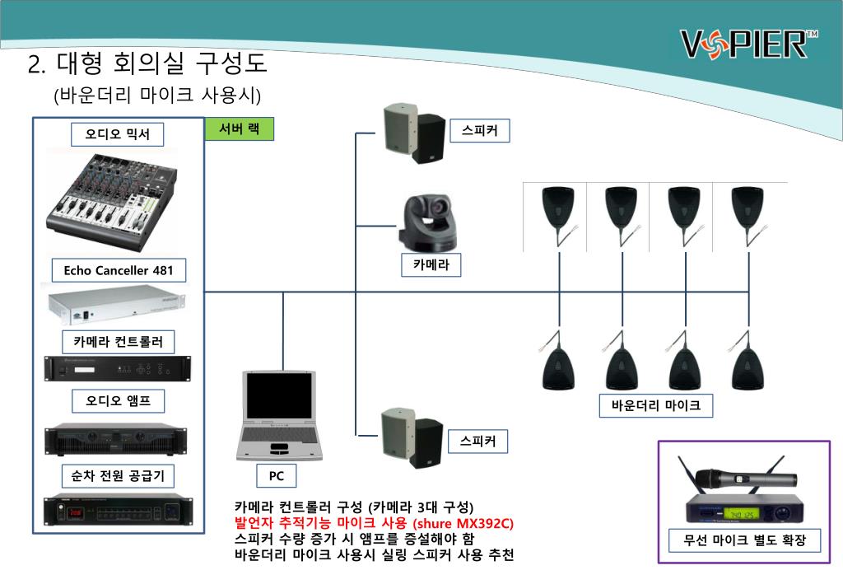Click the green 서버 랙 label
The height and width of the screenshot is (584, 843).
tap(239, 129)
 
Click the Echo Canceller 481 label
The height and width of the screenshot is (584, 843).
tap(119, 270)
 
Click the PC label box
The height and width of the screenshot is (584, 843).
tap(277, 475)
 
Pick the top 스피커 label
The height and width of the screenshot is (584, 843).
tap(479, 130)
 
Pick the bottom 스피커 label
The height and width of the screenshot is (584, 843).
tap(479, 442)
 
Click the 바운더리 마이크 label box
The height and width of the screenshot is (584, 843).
tap(655, 405)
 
